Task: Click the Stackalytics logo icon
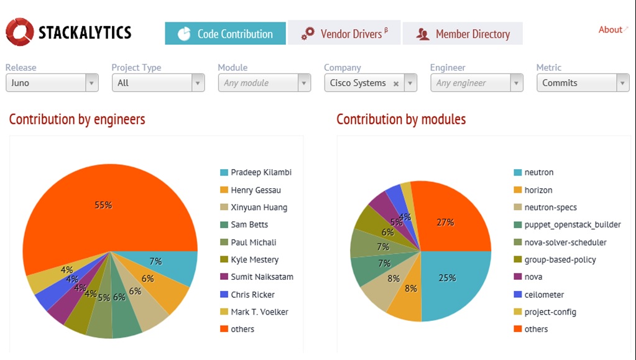(x=20, y=32)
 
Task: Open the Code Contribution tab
(x=225, y=34)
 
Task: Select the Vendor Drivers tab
(x=344, y=34)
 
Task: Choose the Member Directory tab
(x=463, y=34)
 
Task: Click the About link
(x=611, y=30)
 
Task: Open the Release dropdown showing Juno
(x=52, y=83)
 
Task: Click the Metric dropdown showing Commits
(x=583, y=83)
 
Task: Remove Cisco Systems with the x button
(x=396, y=83)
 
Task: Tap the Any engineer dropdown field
(x=476, y=83)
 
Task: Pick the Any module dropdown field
(x=264, y=83)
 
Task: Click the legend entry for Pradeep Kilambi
(x=261, y=172)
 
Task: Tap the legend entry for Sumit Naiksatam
(x=262, y=277)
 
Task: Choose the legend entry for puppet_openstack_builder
(x=572, y=224)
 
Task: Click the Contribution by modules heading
(x=401, y=119)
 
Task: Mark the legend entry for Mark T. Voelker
(x=259, y=312)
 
